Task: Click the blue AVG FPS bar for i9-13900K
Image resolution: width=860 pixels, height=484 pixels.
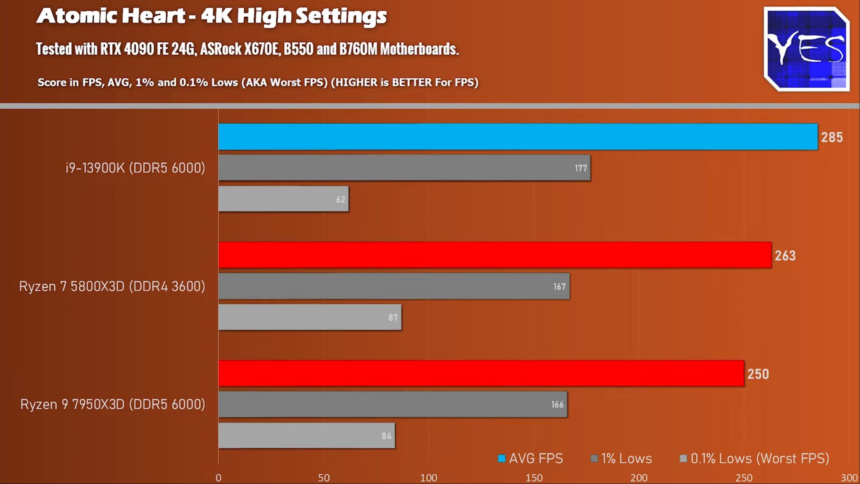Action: coord(518,137)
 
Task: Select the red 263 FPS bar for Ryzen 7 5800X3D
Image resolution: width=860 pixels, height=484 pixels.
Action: coord(495,255)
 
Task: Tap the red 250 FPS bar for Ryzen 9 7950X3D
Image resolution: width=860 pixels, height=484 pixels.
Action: coord(481,374)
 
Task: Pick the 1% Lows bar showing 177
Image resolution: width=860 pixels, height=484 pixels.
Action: coord(404,168)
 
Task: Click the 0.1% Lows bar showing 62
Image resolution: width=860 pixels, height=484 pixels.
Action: coord(283,199)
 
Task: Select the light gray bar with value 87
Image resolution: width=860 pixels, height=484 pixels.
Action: coord(310,317)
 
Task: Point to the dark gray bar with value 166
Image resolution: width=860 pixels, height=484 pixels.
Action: coord(393,405)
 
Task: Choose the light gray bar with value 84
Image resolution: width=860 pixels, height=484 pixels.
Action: coord(307,436)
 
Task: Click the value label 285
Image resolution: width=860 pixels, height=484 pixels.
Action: coord(832,137)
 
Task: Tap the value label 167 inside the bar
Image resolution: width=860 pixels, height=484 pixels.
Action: coord(559,287)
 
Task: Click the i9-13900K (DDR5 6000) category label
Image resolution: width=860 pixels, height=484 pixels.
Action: coord(135,168)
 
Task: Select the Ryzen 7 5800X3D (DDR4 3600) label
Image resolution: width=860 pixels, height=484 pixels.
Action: coord(112,286)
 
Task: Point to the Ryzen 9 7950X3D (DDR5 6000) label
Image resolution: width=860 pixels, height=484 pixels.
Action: coord(113,404)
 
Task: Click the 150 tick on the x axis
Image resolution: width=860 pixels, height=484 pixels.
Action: coord(534,478)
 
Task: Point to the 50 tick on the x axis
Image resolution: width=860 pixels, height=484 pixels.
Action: coord(324,478)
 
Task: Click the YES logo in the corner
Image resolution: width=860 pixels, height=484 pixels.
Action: coord(807,49)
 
